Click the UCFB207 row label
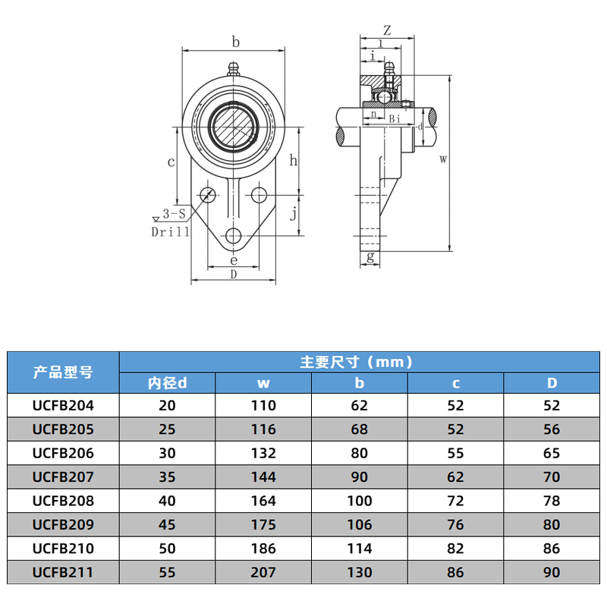tap(63, 477)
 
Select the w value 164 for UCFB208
tap(263, 501)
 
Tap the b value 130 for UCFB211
tap(360, 573)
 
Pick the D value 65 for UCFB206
tap(552, 453)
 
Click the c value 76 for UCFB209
tap(456, 525)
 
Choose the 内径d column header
tap(167, 383)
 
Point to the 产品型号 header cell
tap(63, 373)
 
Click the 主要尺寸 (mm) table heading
tap(357, 363)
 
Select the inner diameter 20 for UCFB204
tap(167, 406)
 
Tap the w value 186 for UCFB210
tap(263, 549)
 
